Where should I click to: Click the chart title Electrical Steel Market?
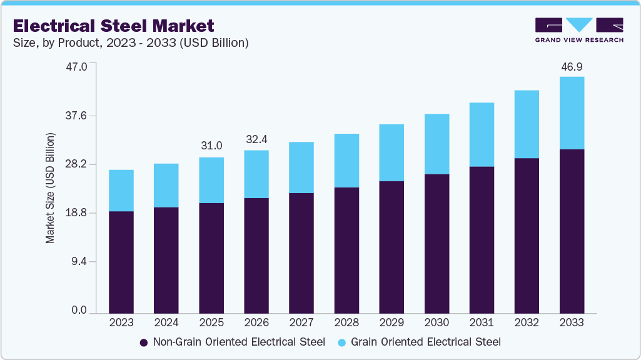pyautogui.click(x=113, y=26)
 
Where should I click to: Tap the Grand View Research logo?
pyautogui.click(x=578, y=30)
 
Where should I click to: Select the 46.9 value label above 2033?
pyautogui.click(x=572, y=66)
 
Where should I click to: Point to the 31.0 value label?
pyautogui.click(x=211, y=146)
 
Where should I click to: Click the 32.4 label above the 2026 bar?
pyautogui.click(x=256, y=139)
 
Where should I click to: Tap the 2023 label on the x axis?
pyautogui.click(x=121, y=322)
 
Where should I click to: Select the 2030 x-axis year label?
pyautogui.click(x=437, y=322)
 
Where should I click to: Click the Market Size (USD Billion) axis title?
pyautogui.click(x=50, y=188)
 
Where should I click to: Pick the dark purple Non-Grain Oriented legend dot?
pyautogui.click(x=143, y=342)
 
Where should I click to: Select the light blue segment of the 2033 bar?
pyautogui.click(x=572, y=113)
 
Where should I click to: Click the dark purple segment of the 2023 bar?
pyautogui.click(x=121, y=262)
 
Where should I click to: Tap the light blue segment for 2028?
pyautogui.click(x=346, y=161)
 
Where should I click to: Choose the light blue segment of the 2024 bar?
pyautogui.click(x=166, y=186)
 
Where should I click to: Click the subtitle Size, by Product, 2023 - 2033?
pyautogui.click(x=131, y=43)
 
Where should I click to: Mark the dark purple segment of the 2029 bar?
pyautogui.click(x=391, y=247)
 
